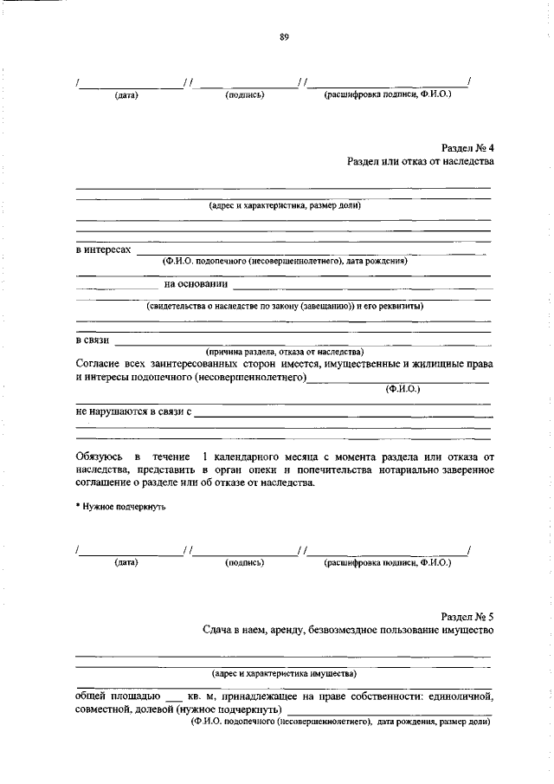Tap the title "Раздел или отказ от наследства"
[420, 162]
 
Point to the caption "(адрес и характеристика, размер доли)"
[284, 205]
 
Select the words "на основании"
[196, 283]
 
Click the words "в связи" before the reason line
[91, 340]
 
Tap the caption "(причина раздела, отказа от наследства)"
[284, 352]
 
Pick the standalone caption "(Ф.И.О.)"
[403, 389]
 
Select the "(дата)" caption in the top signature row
[126, 94]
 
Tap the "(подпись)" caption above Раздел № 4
[244, 94]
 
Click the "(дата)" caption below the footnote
[126, 562]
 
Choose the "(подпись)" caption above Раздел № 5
[244, 562]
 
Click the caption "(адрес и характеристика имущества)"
[284, 673]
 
